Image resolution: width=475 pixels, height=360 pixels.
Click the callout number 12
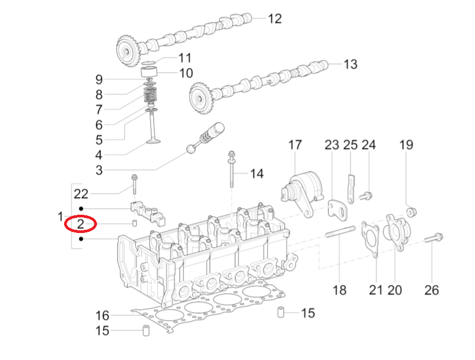click(x=275, y=19)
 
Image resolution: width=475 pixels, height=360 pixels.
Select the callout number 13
click(x=350, y=65)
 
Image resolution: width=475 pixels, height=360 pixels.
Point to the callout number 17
click(x=295, y=145)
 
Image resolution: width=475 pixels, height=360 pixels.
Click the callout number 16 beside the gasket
click(x=102, y=315)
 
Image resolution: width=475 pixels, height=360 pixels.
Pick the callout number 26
click(x=431, y=290)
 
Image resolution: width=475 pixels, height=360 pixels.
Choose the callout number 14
click(x=257, y=174)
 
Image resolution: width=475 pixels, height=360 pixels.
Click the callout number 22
click(x=81, y=194)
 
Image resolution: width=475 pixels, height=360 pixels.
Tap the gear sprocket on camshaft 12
click(x=128, y=51)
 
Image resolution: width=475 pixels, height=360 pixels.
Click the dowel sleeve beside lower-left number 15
click(x=145, y=330)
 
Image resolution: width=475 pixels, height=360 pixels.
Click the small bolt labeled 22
click(x=134, y=184)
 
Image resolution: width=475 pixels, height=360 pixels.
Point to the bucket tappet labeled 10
click(x=149, y=72)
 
